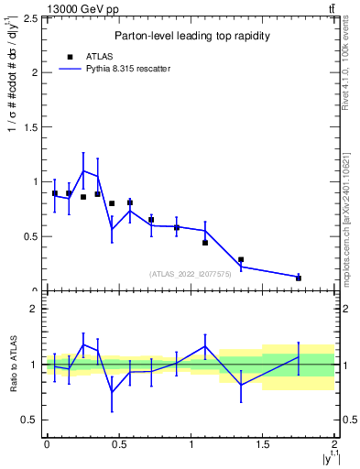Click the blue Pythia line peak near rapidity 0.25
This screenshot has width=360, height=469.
(83, 170)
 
